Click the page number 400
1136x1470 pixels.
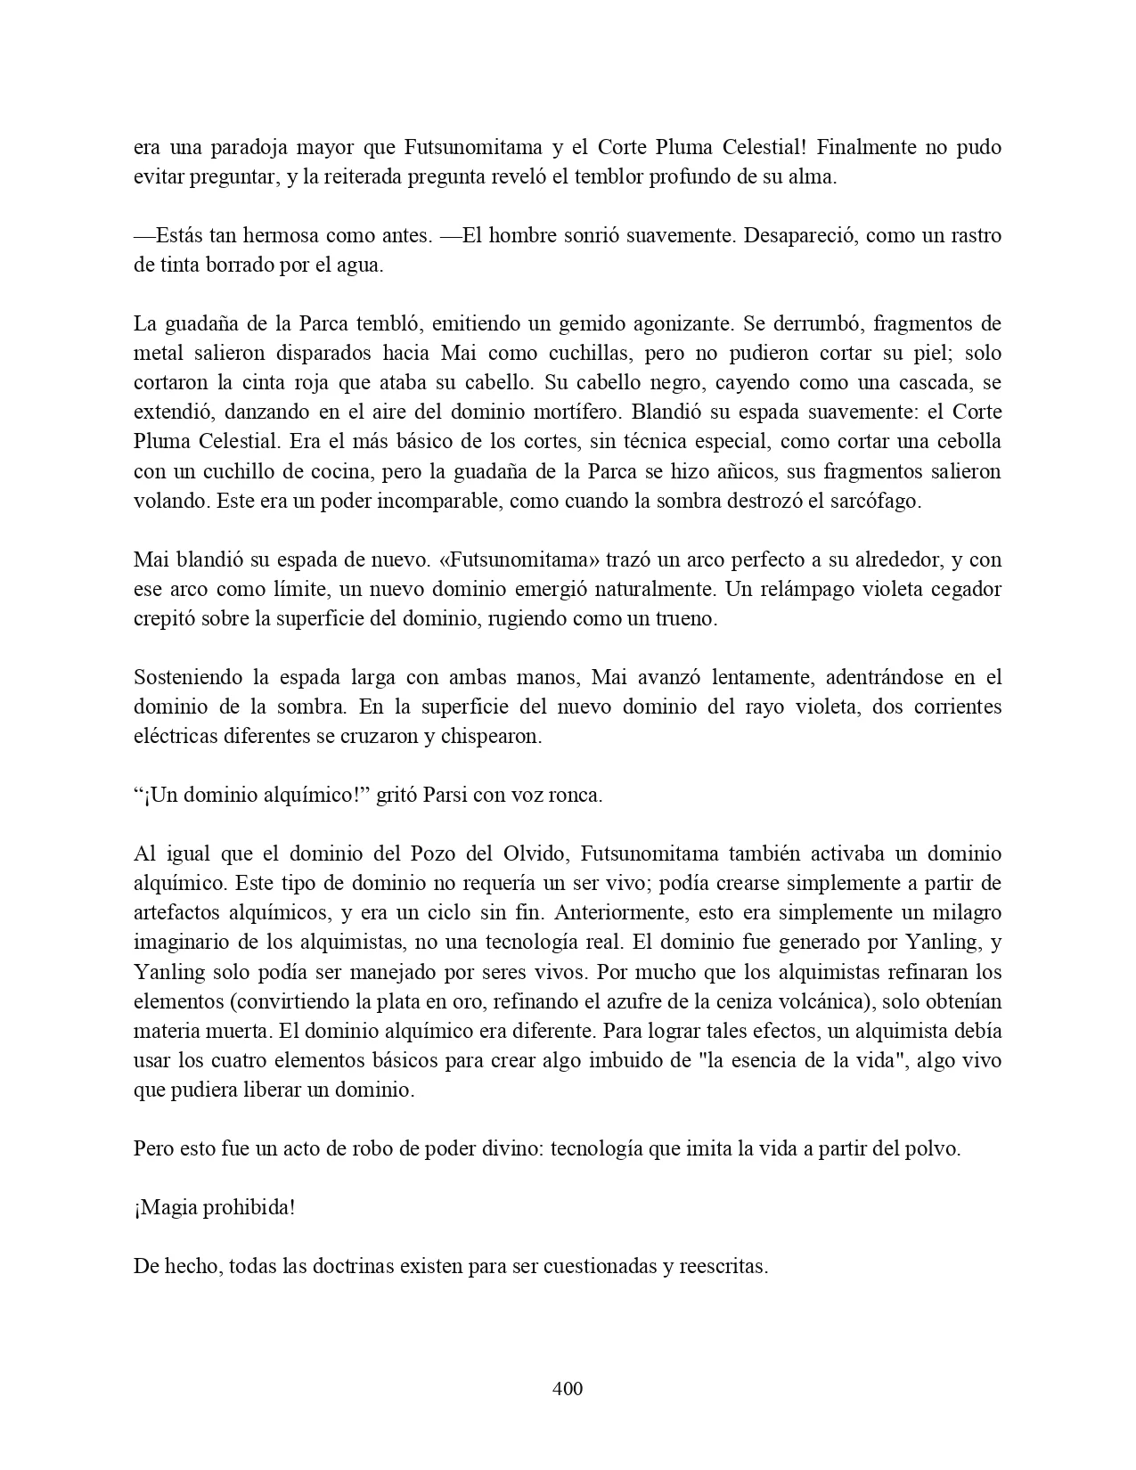pyautogui.click(x=568, y=1388)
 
